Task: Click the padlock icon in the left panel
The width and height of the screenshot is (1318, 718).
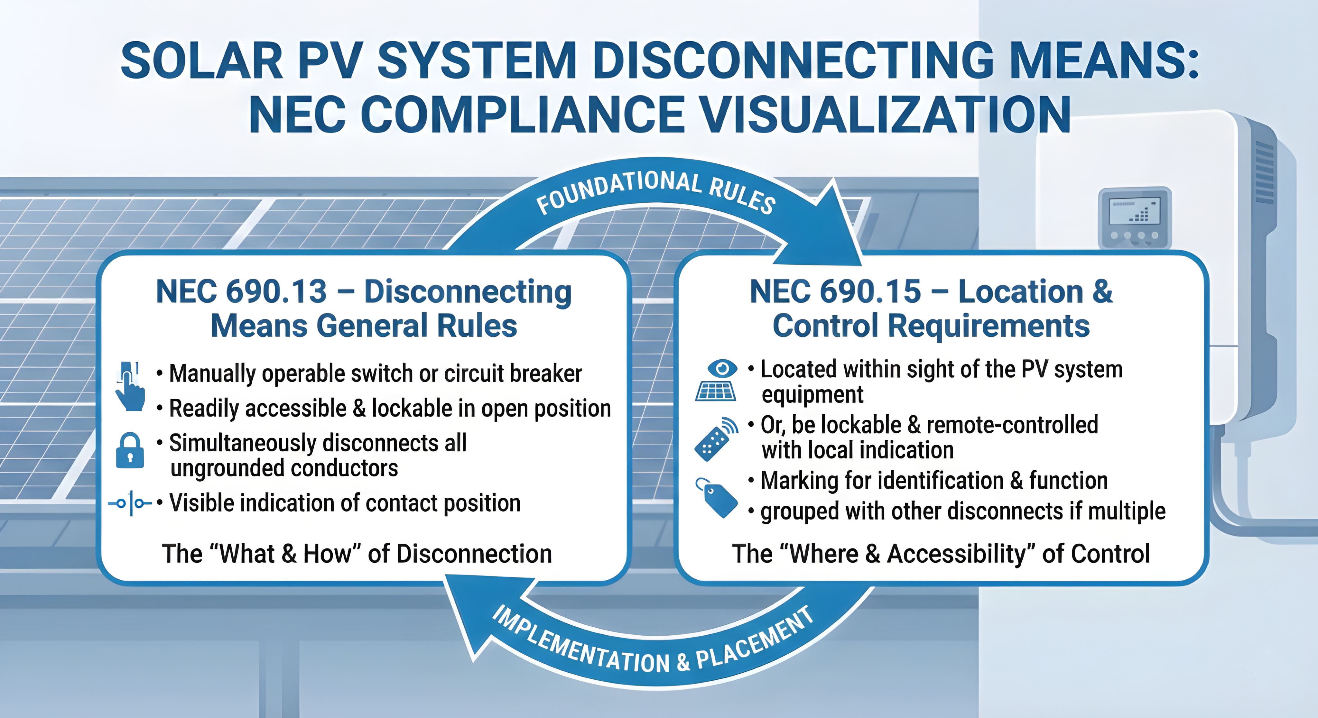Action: (130, 450)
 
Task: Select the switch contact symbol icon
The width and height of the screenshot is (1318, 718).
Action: (130, 503)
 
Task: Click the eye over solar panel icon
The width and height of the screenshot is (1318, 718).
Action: (716, 381)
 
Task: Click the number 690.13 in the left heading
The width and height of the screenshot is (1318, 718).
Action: (276, 292)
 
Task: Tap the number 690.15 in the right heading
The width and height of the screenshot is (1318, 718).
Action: (870, 292)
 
